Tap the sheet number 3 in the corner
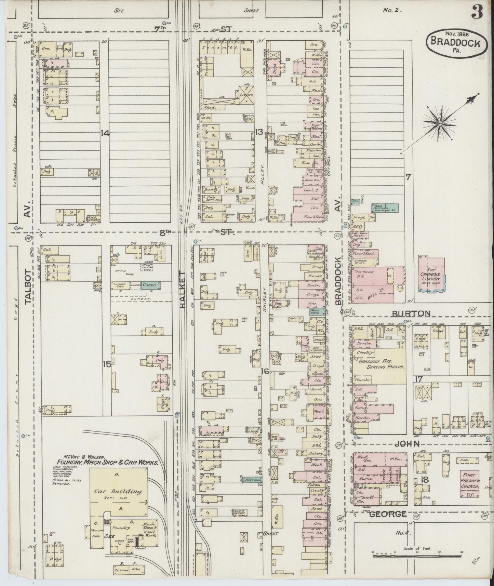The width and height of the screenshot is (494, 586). pyautogui.click(x=477, y=13)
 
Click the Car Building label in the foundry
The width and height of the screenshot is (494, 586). pyautogui.click(x=118, y=491)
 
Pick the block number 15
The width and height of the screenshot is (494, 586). pyautogui.click(x=107, y=365)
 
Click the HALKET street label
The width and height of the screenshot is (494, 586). pyautogui.click(x=182, y=290)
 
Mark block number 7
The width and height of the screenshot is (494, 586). pyautogui.click(x=408, y=177)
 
